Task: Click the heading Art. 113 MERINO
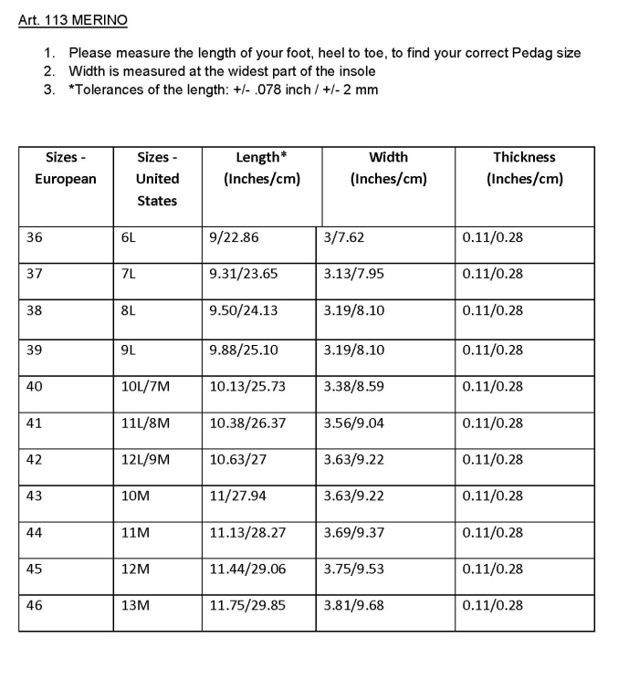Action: [x=73, y=19]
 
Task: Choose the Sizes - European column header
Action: [x=65, y=168]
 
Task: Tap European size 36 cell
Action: [x=35, y=237]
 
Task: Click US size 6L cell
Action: [x=129, y=237]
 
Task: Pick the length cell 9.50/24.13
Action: [x=244, y=310]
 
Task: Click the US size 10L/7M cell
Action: [x=145, y=386]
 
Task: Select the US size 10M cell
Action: [x=135, y=496]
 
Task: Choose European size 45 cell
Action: [x=35, y=569]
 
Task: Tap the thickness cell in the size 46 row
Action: [x=493, y=605]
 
